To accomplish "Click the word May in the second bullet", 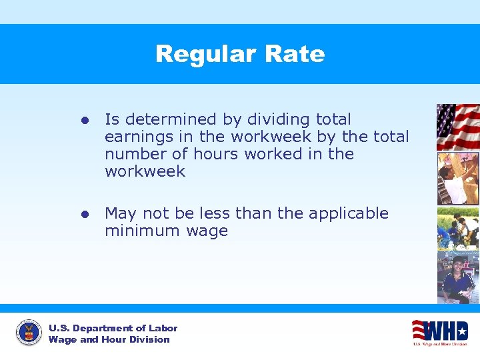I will coord(121,213).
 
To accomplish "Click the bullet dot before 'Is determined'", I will coord(85,120).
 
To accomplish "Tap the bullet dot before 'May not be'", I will coord(85,214).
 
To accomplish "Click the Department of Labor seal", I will coord(29,333).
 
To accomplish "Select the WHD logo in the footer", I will coord(439,331).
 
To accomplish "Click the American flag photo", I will coord(458,127).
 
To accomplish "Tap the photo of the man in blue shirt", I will coord(458,276).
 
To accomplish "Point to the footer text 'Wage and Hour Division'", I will coord(109,339).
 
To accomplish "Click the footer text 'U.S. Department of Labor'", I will coord(113,328).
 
